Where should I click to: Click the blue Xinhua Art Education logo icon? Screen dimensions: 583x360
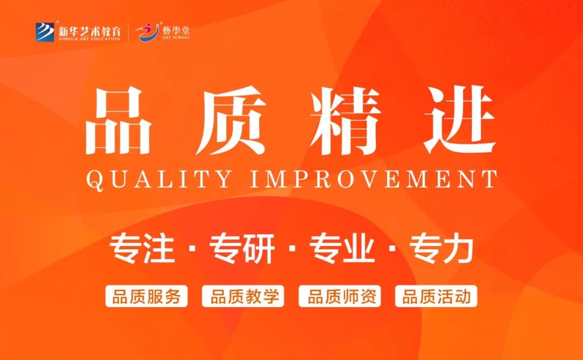click(45, 32)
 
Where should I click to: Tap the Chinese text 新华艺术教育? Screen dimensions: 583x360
click(89, 30)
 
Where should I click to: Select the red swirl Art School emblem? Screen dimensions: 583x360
click(147, 32)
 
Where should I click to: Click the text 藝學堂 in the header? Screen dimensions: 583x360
click(176, 29)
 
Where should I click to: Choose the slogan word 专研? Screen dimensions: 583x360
click(242, 248)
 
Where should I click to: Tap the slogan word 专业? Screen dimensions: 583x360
click(342, 248)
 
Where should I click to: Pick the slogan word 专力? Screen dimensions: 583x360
click(442, 248)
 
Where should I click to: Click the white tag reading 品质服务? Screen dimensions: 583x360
click(146, 296)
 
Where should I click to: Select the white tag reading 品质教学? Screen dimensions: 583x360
click(243, 296)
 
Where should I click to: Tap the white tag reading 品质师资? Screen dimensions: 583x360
click(340, 296)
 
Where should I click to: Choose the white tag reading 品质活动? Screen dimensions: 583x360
click(436, 296)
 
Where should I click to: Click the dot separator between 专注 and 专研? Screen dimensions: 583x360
click(192, 248)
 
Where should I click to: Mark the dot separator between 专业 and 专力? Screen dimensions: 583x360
click(392, 248)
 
